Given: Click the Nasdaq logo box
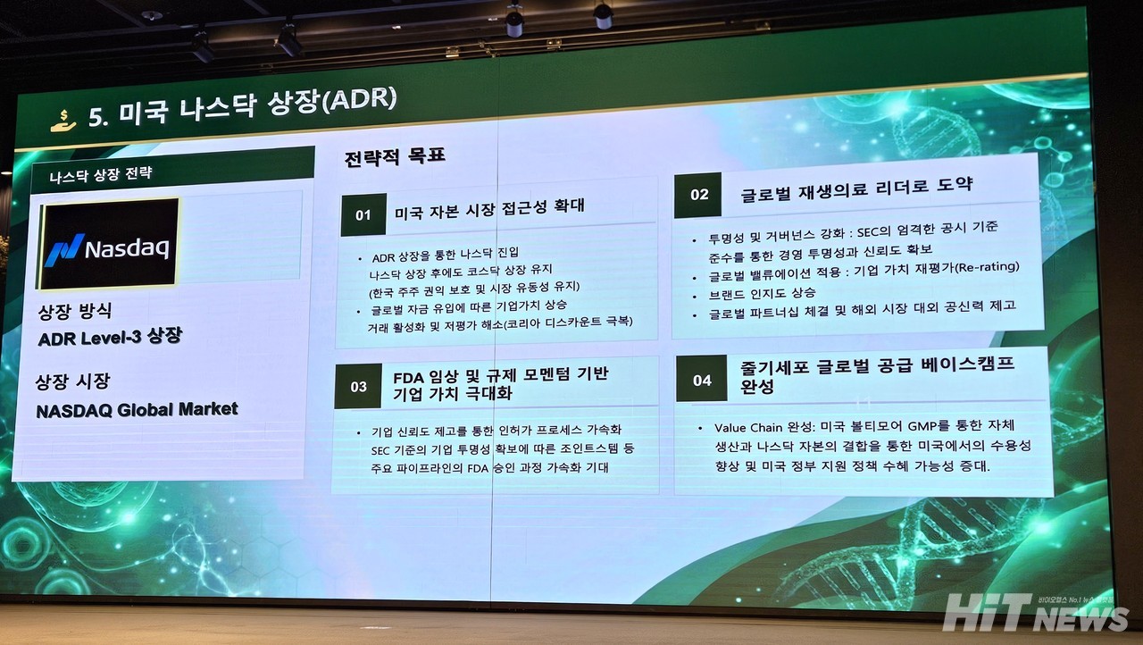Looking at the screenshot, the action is pyautogui.click(x=108, y=244).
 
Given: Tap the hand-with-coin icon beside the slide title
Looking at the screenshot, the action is pyautogui.click(x=63, y=121).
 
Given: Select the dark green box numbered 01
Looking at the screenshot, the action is pyautogui.click(x=363, y=214).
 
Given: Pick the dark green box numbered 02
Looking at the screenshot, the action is pyautogui.click(x=697, y=195).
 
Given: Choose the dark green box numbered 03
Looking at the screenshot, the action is pyautogui.click(x=358, y=386).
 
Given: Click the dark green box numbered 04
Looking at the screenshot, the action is pyautogui.click(x=702, y=379).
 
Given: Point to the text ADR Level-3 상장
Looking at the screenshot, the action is pyautogui.click(x=110, y=338).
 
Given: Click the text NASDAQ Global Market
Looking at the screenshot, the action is pyautogui.click(x=137, y=410).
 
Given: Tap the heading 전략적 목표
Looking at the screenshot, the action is pyautogui.click(x=395, y=156).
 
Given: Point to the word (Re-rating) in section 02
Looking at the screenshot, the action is pyautogui.click(x=987, y=267).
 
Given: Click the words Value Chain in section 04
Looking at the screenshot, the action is pyautogui.click(x=741, y=428).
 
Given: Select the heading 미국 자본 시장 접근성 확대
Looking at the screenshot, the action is pyautogui.click(x=489, y=209).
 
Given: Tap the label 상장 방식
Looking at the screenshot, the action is pyautogui.click(x=75, y=311).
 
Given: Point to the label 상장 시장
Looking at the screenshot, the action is pyautogui.click(x=72, y=381).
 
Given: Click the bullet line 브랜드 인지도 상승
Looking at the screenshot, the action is pyautogui.click(x=762, y=294).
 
